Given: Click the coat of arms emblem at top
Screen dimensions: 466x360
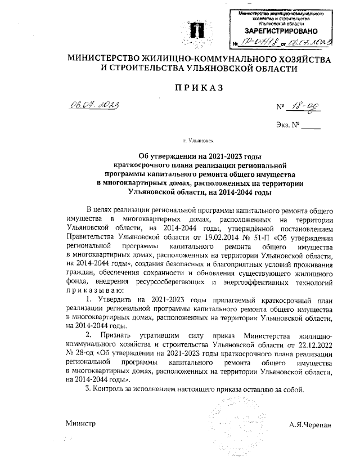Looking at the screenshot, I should point(193,29).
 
